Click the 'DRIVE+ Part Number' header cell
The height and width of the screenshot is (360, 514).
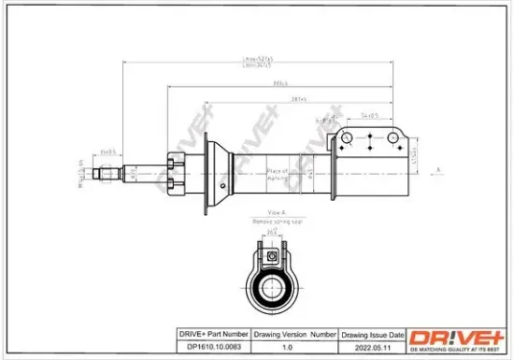click(x=212, y=333)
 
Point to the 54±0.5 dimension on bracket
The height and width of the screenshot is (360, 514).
click(x=367, y=116)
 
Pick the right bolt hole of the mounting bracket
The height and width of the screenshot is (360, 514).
click(x=393, y=140)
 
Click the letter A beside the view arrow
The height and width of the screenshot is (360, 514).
click(x=437, y=168)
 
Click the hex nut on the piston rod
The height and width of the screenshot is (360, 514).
click(x=174, y=172)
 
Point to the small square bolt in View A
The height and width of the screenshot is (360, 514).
click(x=268, y=252)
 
